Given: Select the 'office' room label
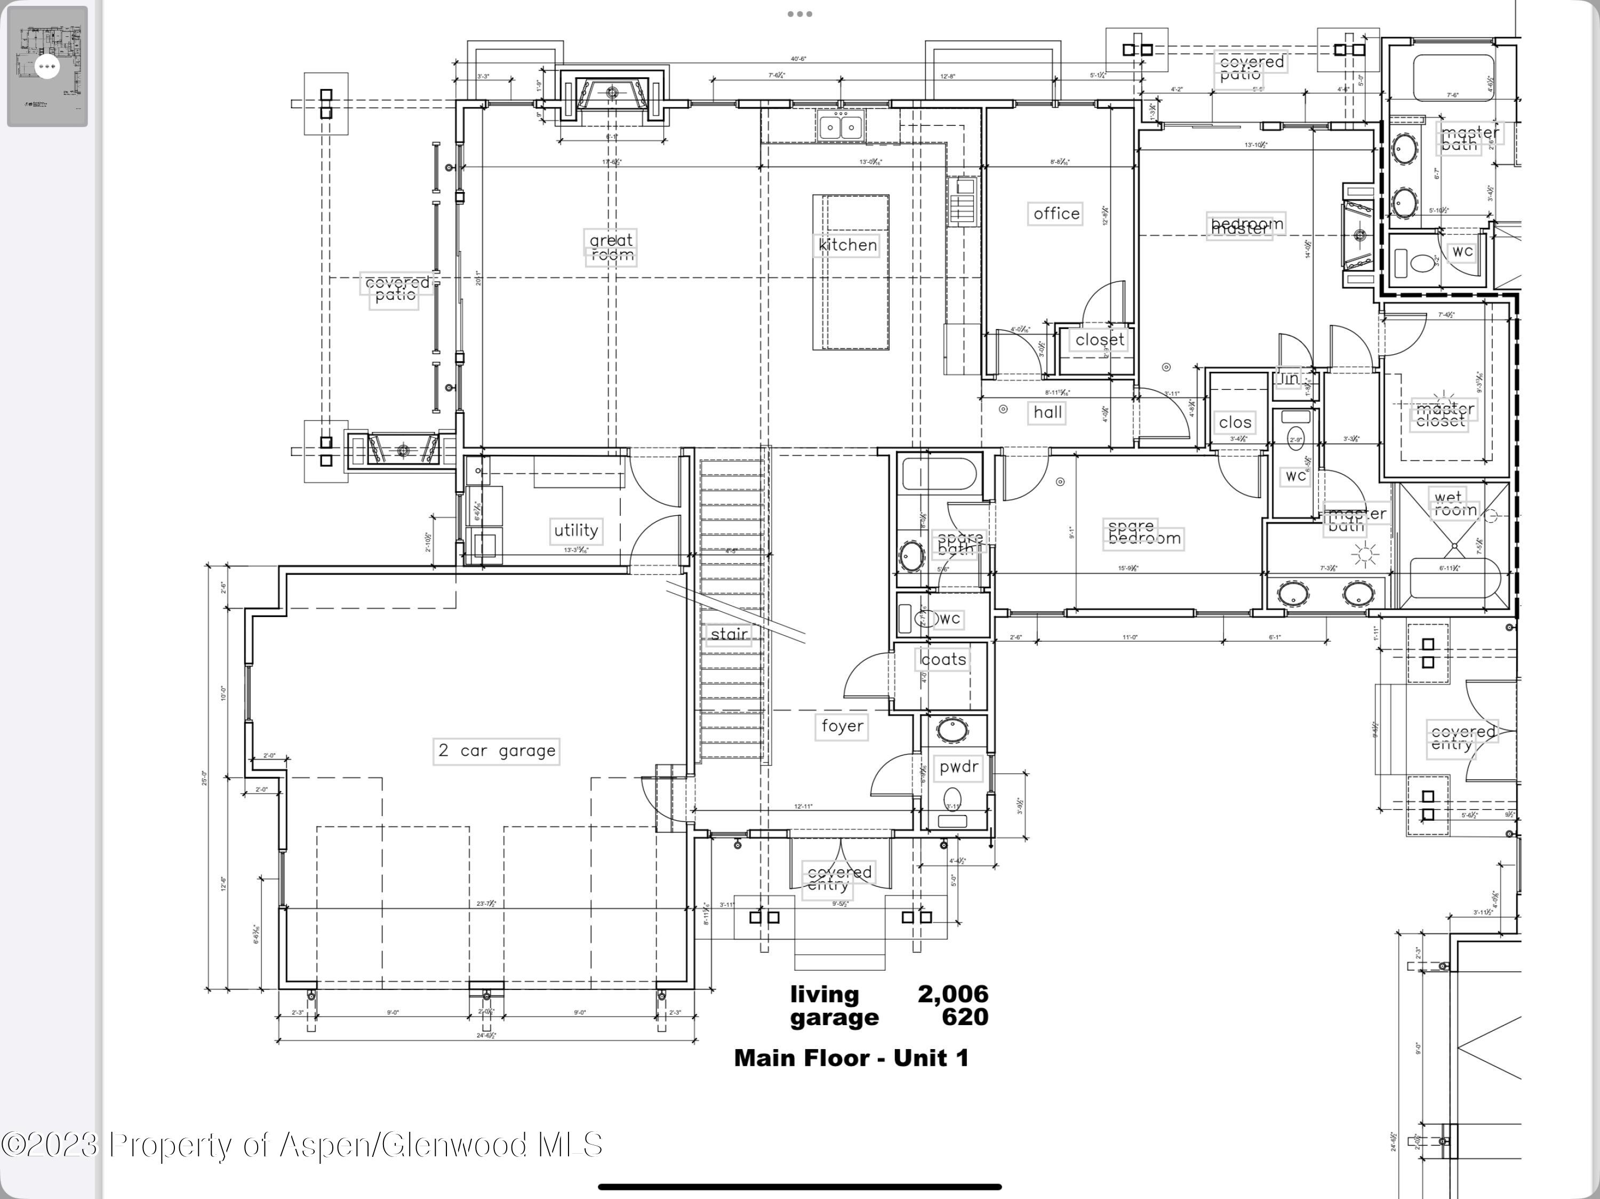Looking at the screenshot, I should pyautogui.click(x=1055, y=213).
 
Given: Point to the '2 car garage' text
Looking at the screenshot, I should pyautogui.click(x=497, y=750).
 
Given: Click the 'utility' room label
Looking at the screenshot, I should pyautogui.click(x=576, y=530).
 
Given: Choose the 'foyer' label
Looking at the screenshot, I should pyautogui.click(x=842, y=725).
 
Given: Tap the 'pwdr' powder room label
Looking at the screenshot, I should pyautogui.click(x=958, y=766).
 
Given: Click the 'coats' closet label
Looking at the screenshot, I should pyautogui.click(x=942, y=660).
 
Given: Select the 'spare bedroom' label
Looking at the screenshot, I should pyautogui.click(x=1143, y=533).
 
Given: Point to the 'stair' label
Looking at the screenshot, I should pyautogui.click(x=729, y=634).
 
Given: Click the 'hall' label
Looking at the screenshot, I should pyautogui.click(x=1047, y=412).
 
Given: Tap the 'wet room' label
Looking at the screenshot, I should pyautogui.click(x=1454, y=503).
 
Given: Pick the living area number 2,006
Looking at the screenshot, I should pyautogui.click(x=953, y=994).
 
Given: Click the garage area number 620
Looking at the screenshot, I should pyautogui.click(x=965, y=1017).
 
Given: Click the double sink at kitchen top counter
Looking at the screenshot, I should pyautogui.click(x=841, y=127).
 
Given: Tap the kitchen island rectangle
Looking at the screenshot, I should pyautogui.click(x=851, y=272).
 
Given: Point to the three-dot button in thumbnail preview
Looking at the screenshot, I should pyautogui.click(x=47, y=67).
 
